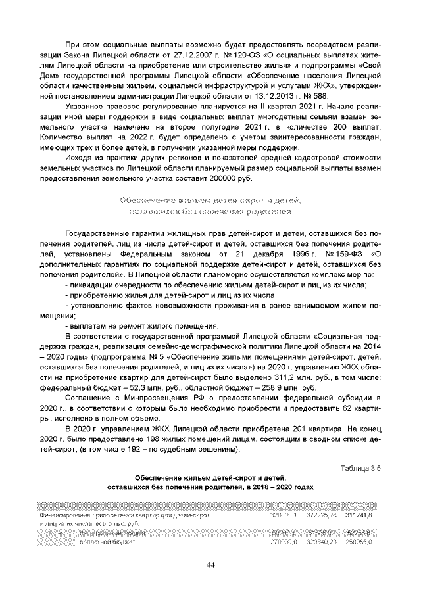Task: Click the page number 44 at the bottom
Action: click(x=210, y=565)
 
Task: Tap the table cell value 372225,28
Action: click(x=322, y=515)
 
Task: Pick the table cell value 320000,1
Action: click(x=284, y=515)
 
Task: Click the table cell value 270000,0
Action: click(x=285, y=542)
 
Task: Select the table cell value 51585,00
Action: click(x=322, y=532)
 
